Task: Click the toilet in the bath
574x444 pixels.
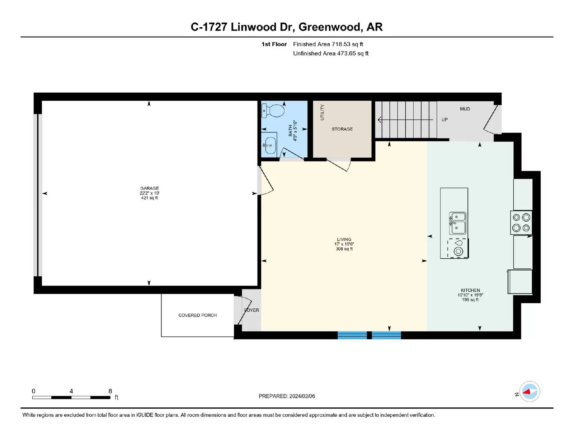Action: tap(273, 111)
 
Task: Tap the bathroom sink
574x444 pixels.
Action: tap(269, 145)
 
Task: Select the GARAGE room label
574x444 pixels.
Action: tap(149, 188)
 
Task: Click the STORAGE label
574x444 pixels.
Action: tap(342, 129)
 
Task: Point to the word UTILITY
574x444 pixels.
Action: tap(322, 112)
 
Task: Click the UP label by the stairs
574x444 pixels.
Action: tap(444, 120)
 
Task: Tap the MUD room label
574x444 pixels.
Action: tap(465, 109)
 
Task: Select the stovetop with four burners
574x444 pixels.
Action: tap(521, 222)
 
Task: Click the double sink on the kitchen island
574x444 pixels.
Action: tap(457, 223)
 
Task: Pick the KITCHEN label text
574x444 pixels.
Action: tap(470, 290)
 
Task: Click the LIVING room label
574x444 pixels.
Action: tap(344, 239)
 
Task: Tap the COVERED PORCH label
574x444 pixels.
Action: tap(197, 315)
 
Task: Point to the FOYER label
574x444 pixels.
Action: tap(251, 310)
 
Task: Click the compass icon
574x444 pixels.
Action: tap(530, 392)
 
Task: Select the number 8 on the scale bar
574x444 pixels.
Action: tap(110, 391)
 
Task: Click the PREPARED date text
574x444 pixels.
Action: tap(287, 396)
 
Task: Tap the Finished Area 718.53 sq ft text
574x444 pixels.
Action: tap(328, 44)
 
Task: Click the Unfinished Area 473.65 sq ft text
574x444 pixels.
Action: tap(330, 54)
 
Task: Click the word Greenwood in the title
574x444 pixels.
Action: tap(330, 27)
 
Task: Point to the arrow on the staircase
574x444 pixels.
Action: tap(405, 120)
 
